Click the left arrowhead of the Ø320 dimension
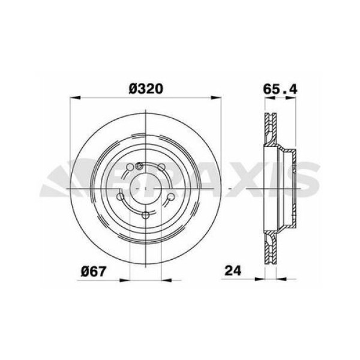pos(74,98)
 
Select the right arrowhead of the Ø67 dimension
pos(160,278)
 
